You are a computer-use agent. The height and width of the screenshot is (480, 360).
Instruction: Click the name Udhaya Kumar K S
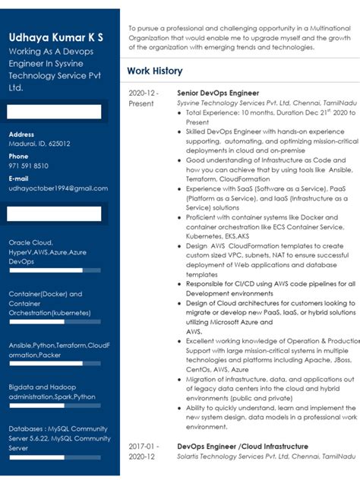click(x=56, y=37)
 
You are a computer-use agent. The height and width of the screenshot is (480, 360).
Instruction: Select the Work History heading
click(x=155, y=71)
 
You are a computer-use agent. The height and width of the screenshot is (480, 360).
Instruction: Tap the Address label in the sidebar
click(x=21, y=134)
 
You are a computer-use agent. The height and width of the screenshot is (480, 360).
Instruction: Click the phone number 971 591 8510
click(x=29, y=166)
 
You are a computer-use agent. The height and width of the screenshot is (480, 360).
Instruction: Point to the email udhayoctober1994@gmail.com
click(x=58, y=188)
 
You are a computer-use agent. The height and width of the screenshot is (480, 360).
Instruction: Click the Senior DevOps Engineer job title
click(x=218, y=93)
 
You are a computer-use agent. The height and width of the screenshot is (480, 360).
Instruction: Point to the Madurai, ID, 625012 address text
click(x=39, y=144)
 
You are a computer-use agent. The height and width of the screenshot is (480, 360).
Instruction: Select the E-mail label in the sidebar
click(x=19, y=178)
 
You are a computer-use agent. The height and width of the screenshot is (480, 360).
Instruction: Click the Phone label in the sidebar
click(x=19, y=156)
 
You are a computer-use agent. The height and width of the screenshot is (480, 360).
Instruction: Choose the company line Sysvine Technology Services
click(x=257, y=102)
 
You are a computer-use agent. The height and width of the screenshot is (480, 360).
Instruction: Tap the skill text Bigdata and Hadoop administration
click(x=52, y=391)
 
